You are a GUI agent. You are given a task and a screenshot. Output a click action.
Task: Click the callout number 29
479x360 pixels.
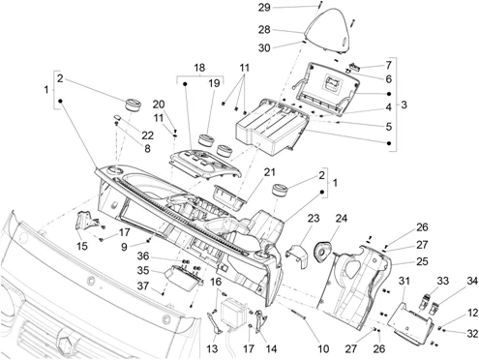point(264,7)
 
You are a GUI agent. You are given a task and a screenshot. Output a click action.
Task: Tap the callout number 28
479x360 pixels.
point(264,30)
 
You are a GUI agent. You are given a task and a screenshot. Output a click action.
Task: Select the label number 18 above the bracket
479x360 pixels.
point(199,68)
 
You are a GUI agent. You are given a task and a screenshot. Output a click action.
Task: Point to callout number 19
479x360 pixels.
point(214,83)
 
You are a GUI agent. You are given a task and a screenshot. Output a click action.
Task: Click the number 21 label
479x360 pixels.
point(269,172)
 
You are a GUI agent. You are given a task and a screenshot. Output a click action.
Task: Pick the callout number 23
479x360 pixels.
point(314,219)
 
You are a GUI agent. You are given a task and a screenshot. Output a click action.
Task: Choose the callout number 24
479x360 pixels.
point(342,219)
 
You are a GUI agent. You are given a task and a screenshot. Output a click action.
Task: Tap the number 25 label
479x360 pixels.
point(421,261)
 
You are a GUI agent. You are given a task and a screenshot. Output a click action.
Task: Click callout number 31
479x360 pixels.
point(404,281)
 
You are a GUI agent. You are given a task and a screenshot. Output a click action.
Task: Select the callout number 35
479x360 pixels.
point(143,270)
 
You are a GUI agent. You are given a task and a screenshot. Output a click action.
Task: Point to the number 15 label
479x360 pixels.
point(82,246)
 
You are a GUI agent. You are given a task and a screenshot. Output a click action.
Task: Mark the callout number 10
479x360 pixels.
point(323,348)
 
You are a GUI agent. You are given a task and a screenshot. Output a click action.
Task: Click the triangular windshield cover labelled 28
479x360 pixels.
point(327,31)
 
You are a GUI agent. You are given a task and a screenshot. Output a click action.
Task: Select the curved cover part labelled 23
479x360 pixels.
point(296,255)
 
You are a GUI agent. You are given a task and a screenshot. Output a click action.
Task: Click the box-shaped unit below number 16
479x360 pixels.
point(233,312)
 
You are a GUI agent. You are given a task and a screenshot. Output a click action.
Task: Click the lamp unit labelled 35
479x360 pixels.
point(183,277)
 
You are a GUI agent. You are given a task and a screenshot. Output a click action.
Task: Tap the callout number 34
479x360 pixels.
point(472,281)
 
